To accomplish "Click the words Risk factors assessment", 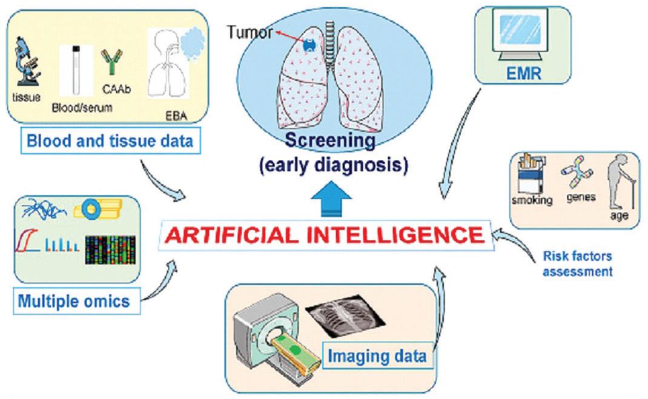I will tap(577, 264).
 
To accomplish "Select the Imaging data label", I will tap(377, 355).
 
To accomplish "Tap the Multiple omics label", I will tap(74, 300).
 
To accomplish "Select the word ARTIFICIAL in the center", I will tap(248, 233).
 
